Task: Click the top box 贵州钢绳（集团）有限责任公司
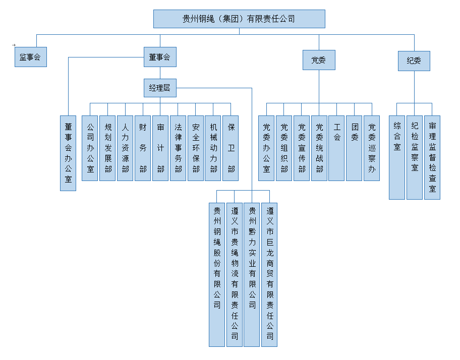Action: tap(239, 19)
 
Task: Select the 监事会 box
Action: tap(31, 57)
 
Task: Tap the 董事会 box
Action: tap(160, 57)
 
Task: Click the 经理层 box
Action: tap(160, 88)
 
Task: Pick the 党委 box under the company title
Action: tap(319, 60)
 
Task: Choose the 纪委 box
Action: tap(414, 61)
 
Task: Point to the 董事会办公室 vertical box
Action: tap(68, 153)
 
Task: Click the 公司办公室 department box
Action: tap(90, 148)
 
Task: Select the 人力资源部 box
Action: tap(125, 148)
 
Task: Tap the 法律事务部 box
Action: tap(178, 148)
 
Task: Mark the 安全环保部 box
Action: tap(196, 148)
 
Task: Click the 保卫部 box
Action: tap(231, 148)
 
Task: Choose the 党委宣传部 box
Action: tap(302, 148)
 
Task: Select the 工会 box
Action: tap(336, 148)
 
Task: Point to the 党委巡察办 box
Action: tap(372, 148)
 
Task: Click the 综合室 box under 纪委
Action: tap(397, 158)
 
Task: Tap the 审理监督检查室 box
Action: tap(432, 158)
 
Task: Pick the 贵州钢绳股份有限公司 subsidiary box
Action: tap(217, 274)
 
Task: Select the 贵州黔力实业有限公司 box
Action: tap(252, 274)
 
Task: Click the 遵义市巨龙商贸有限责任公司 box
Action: tap(269, 274)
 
